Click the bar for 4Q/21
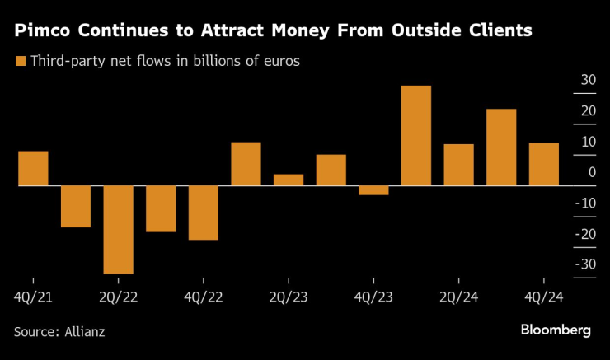point(33,169)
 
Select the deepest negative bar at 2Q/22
point(118,229)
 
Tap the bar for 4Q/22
point(204,213)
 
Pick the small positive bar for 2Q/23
point(289,180)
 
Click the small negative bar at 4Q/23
point(373,190)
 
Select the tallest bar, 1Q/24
point(416,136)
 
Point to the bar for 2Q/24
point(458,165)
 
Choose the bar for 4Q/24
point(543,164)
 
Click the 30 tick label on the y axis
point(587,80)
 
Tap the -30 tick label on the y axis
point(584,264)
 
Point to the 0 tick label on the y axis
point(592,172)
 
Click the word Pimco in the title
point(40,31)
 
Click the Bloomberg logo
point(555,330)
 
